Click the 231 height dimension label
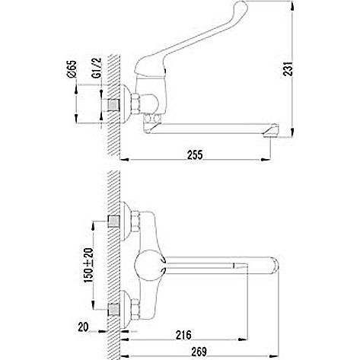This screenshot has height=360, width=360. coord(288,68)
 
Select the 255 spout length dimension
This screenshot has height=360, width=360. coord(195,155)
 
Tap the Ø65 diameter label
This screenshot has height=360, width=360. coord(72,69)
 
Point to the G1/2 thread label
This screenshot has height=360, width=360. coord(97,68)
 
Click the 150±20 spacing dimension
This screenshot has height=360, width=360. coord(89,266)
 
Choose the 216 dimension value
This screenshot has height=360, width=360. coord(183,335)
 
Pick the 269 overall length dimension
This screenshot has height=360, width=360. coord(199,352)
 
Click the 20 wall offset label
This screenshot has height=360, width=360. coord(83,327)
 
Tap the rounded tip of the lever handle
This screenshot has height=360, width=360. coord(241,5)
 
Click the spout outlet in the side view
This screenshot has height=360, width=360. coord(271,131)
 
